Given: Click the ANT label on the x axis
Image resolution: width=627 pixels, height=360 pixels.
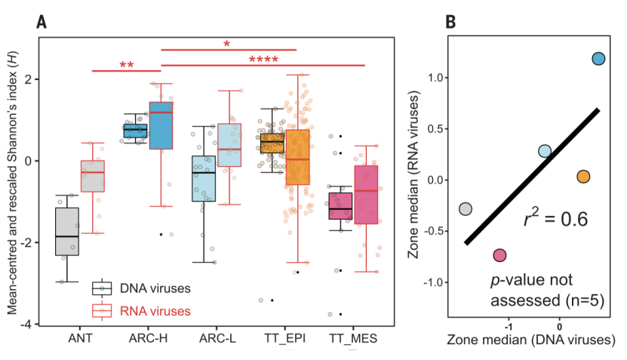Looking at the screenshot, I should (79, 338).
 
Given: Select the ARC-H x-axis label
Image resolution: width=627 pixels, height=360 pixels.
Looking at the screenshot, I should (149, 338).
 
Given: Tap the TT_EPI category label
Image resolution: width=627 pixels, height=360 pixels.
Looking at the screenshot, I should (284, 338).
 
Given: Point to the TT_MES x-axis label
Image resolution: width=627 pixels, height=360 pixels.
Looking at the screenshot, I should (353, 338).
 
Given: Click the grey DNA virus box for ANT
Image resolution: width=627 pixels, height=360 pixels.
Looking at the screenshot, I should (67, 231).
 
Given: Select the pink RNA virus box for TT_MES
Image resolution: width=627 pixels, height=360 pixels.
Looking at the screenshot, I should (366, 194).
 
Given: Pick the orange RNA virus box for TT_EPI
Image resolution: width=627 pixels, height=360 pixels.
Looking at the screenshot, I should (297, 157).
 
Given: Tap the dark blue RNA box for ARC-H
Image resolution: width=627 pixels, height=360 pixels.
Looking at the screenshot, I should (160, 125).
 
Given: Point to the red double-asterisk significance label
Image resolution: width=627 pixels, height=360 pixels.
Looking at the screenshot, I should (126, 66).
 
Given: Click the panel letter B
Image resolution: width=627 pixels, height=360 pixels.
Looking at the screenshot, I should (450, 22).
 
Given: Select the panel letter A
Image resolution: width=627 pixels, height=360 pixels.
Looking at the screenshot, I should (42, 22).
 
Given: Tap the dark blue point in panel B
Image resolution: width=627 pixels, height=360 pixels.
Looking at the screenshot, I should (598, 59).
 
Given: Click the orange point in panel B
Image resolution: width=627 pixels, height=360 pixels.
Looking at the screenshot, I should (582, 177).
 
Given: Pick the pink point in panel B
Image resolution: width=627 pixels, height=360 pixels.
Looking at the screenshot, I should (499, 255).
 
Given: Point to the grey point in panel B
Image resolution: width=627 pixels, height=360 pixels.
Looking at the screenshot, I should (466, 209).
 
